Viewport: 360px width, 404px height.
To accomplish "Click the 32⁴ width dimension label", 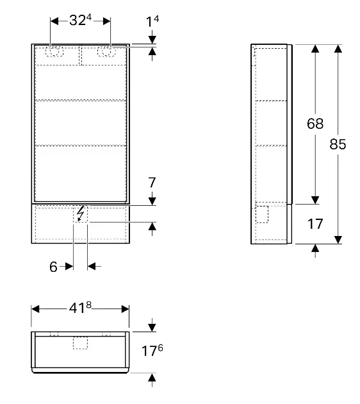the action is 80,21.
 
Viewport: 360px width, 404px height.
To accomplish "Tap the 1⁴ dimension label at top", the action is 152,21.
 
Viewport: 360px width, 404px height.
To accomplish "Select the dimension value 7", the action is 152,183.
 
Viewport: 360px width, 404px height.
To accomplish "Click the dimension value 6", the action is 53,267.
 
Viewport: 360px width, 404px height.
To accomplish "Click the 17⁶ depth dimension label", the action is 152,350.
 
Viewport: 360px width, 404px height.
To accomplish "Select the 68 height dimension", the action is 315,124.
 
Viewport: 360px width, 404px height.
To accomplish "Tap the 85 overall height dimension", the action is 338,144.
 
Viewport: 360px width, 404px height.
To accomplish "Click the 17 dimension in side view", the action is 315,224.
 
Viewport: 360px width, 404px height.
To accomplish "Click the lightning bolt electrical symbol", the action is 81,214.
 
